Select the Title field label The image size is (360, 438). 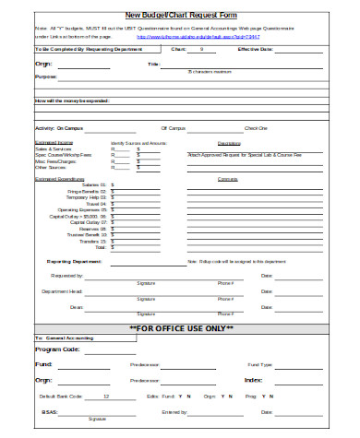tap(153, 64)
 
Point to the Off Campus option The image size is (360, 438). tap(174, 128)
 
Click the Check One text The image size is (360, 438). tap(256, 128)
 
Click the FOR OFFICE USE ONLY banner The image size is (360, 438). tap(180, 327)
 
